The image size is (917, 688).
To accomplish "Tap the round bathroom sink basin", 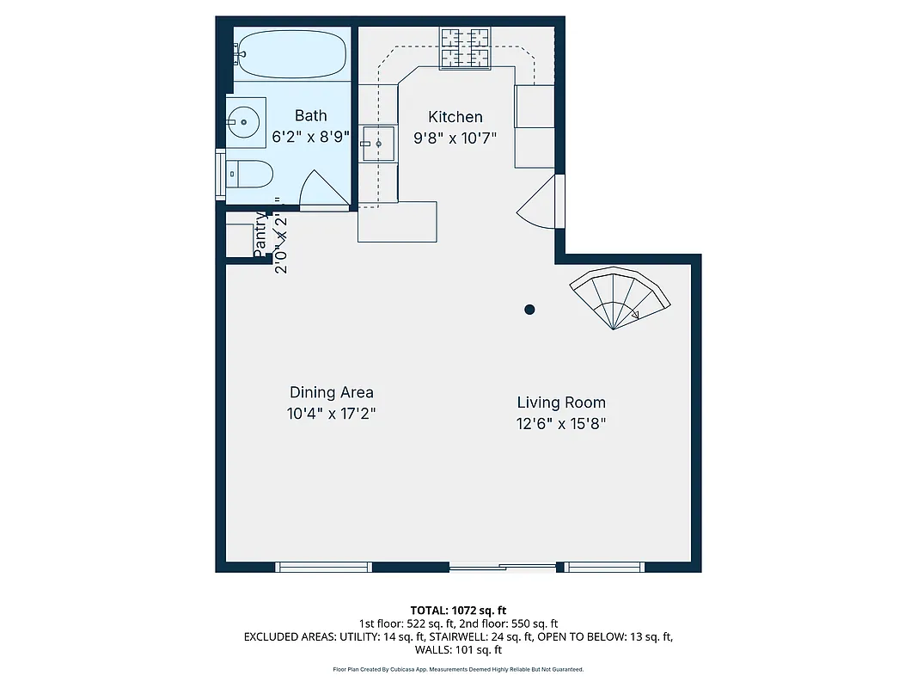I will coord(245,122).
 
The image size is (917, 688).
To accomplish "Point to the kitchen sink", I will coord(377,144).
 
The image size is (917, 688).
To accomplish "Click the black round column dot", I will coord(530,309).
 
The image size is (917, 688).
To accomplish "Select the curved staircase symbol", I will coord(621,298).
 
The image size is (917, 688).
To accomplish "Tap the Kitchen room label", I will coord(455,117).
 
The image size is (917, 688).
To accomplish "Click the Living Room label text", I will coord(561,402).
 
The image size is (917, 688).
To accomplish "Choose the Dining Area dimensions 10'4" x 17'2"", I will coord(332,414).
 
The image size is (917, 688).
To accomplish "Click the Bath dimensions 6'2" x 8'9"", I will coord(311,136).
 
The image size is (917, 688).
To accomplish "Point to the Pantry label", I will coord(260,235).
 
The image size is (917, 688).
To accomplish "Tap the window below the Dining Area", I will coord(323,566).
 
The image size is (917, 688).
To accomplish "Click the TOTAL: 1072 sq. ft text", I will coord(458,610).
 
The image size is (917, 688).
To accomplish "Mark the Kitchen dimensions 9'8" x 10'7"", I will coord(455,138).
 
